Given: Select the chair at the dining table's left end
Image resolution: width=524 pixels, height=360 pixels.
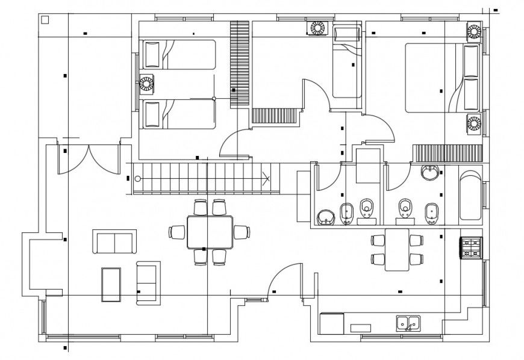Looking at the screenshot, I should (178, 232).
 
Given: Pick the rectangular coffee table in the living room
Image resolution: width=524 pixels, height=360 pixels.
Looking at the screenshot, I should (111, 284).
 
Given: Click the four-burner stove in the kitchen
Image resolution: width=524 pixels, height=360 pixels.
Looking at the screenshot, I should (471, 247).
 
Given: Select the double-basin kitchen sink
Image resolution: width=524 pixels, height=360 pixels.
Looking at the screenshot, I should (408, 323).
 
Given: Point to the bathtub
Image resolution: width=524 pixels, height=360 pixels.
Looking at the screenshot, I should (470, 196).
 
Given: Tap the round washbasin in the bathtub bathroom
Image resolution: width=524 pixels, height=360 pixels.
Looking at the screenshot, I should (430, 174).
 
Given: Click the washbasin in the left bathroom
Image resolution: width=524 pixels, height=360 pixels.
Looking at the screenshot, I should (326, 217).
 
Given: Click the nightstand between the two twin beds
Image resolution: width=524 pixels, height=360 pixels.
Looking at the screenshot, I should (147, 83).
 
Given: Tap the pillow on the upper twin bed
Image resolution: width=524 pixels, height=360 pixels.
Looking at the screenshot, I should (151, 54).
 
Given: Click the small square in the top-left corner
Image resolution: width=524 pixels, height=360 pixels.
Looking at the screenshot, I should (45, 20).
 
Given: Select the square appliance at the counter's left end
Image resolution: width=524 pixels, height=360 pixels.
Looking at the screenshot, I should (331, 323).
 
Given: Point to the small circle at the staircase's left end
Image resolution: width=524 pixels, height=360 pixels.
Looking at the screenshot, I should (137, 179).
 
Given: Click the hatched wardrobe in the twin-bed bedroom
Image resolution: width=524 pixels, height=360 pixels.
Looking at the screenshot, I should (239, 63).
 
